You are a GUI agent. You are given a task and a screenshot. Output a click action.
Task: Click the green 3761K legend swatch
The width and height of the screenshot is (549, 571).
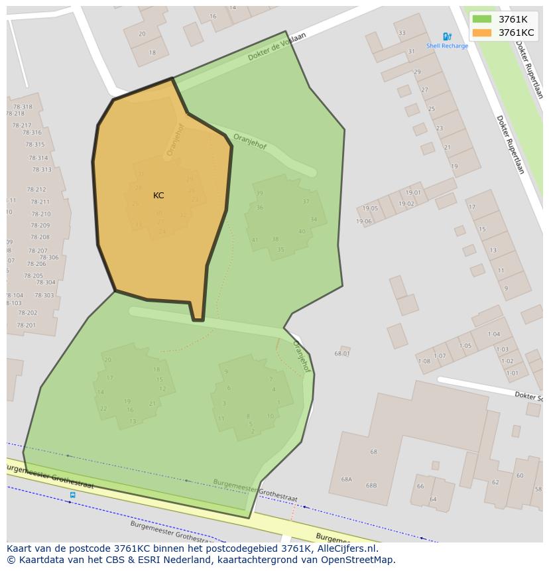(482, 19)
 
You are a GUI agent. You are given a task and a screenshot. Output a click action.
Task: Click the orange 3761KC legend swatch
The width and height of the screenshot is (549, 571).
(482, 32)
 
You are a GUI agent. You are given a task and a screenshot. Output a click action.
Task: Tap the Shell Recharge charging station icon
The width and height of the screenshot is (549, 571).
(447, 37)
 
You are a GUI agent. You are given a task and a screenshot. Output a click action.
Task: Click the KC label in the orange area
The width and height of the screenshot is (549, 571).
(158, 196)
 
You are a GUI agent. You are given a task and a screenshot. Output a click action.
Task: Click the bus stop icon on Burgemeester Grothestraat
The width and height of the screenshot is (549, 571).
(72, 495)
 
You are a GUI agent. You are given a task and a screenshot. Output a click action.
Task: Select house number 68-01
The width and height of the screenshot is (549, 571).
(342, 353)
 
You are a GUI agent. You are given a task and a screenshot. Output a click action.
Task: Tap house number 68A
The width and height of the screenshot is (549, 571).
(346, 479)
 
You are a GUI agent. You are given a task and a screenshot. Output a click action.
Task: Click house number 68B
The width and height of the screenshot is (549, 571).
(371, 485)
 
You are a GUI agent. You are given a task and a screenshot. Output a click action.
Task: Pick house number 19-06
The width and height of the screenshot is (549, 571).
(364, 222)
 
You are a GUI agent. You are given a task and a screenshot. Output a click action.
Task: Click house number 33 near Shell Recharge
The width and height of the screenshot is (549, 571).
(402, 33)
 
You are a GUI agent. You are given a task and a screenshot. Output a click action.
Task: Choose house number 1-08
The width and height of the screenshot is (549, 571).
(424, 361)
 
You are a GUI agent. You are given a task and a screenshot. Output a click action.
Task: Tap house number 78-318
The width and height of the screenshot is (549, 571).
(22, 107)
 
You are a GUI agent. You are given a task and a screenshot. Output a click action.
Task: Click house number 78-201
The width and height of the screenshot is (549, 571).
(27, 325)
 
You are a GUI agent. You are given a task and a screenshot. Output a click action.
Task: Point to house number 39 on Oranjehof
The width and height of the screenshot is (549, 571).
(259, 194)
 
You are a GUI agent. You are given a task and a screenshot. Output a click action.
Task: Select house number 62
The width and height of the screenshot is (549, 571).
(495, 482)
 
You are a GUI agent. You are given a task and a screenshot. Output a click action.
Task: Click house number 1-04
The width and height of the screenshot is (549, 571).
(493, 334)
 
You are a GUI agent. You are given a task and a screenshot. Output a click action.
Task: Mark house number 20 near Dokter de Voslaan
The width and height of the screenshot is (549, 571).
(142, 34)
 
